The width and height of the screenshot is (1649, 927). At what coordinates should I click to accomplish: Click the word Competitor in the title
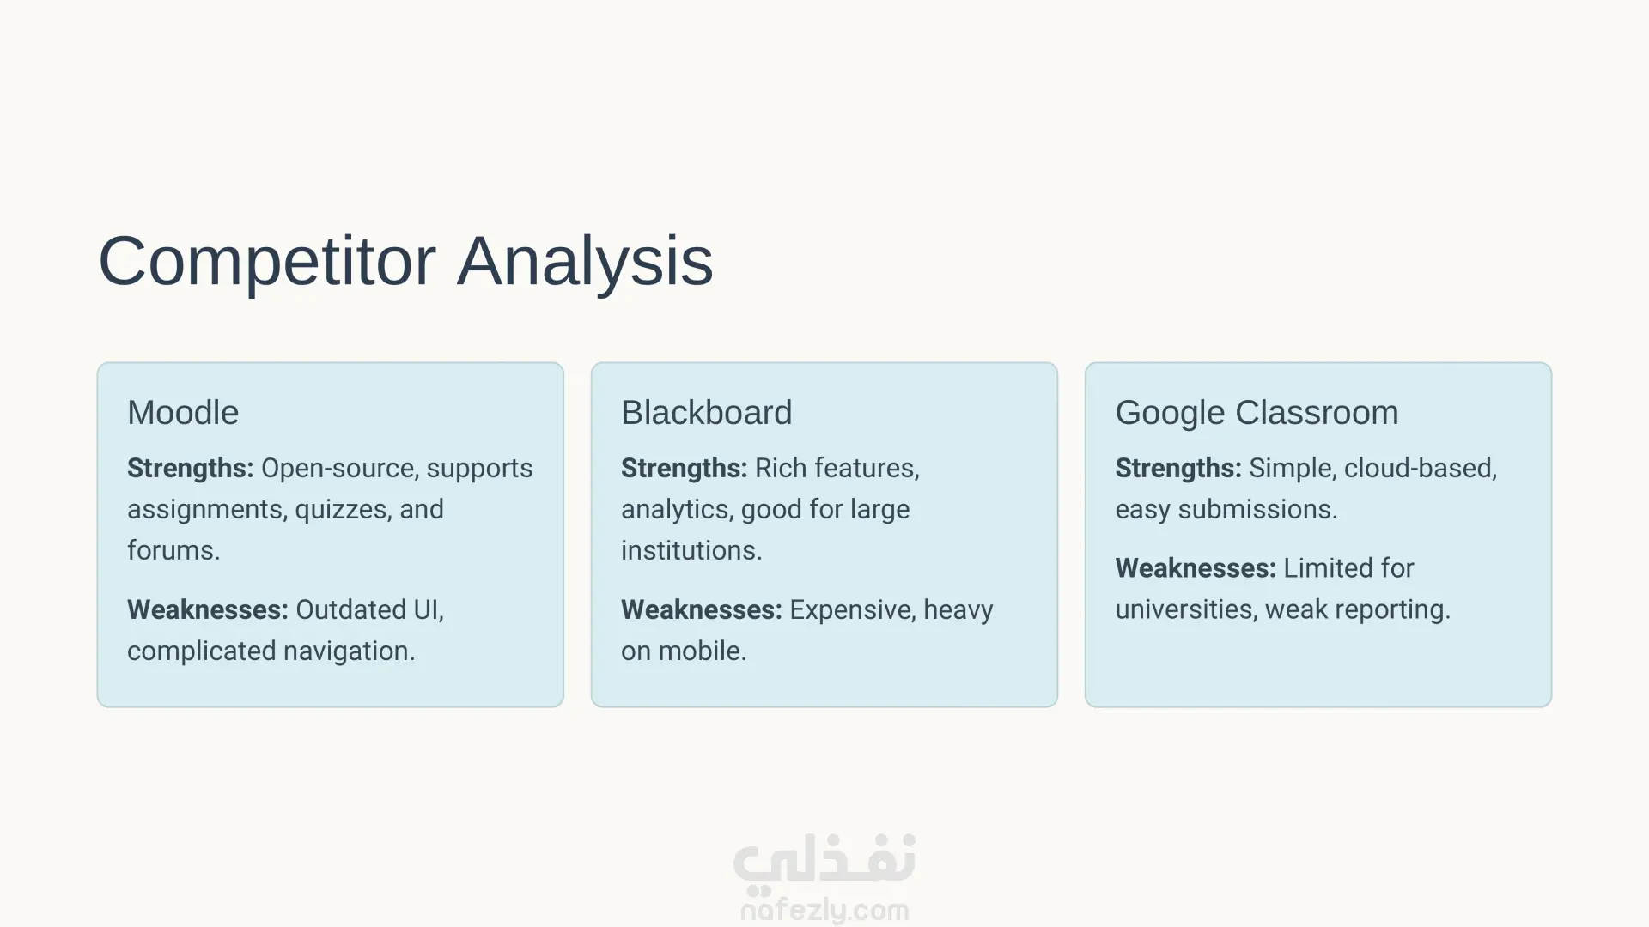point(267,261)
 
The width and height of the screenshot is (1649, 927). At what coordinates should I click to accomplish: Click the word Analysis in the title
point(585,261)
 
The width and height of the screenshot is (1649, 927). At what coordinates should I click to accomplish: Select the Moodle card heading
point(183,413)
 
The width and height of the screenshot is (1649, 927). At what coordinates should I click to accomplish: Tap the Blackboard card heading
point(706,413)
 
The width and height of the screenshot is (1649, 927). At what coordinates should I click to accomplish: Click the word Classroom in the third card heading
point(1317,413)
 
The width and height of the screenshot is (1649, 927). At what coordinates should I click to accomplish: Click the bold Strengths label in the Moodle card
point(191,469)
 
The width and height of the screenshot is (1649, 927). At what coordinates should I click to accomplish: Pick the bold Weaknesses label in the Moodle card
point(208,609)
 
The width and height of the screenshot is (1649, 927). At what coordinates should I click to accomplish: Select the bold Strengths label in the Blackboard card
point(685,469)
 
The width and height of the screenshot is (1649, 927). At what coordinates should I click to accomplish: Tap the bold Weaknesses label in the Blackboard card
point(702,609)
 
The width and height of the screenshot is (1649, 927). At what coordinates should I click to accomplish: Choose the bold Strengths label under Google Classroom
point(1178,469)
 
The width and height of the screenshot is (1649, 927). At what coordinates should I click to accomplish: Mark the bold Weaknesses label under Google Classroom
point(1196,568)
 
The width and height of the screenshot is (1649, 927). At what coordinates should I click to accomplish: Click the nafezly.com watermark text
point(824,911)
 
